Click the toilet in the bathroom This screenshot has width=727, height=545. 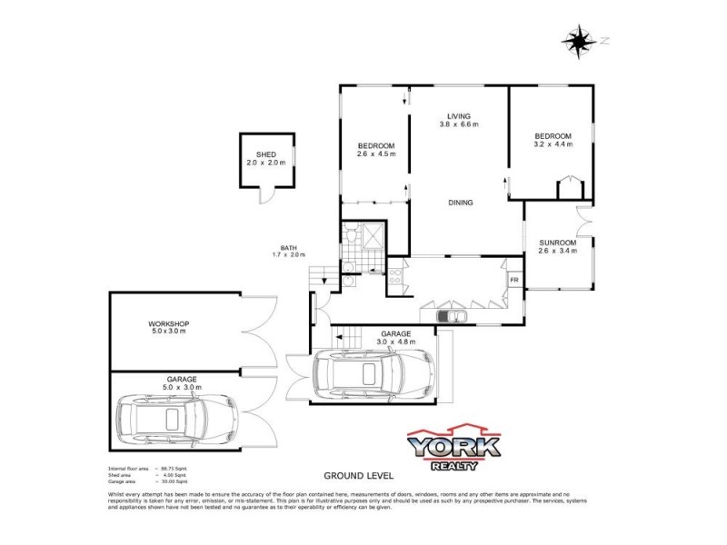pos(350,236)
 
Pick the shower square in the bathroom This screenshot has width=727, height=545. pos(372,236)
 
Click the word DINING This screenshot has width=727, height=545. pos(460,203)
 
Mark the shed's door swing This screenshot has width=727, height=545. pos(266,197)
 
